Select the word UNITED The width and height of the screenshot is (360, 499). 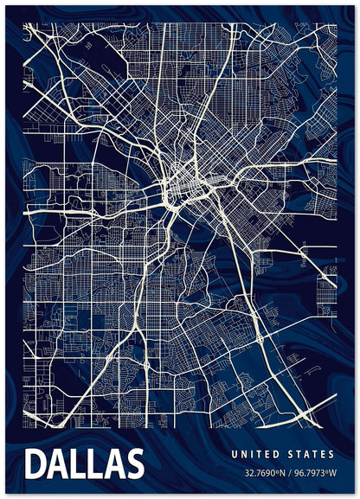click(256, 454)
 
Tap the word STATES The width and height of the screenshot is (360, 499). click(310, 454)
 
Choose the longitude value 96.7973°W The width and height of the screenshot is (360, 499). click(315, 473)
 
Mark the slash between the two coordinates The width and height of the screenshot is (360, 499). click(291, 473)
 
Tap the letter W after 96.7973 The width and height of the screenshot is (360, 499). click(331, 473)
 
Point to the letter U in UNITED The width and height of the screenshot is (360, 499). click(234, 454)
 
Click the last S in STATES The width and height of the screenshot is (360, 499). click(331, 454)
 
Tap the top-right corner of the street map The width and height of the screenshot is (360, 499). click(336, 23)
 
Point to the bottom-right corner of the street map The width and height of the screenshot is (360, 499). click(336, 428)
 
